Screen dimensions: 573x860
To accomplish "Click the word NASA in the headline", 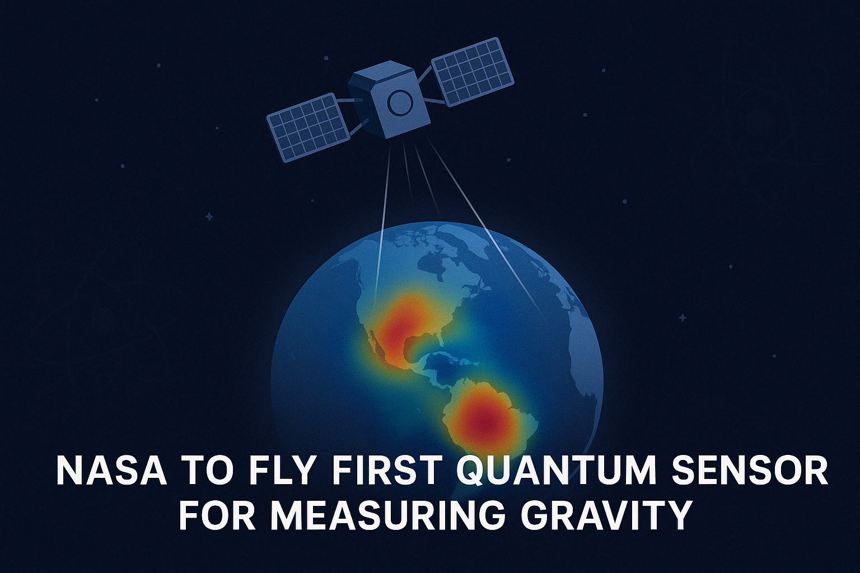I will click(x=111, y=471).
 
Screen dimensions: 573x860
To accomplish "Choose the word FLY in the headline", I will click(x=281, y=471).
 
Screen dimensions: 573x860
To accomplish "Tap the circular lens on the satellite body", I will click(x=400, y=102).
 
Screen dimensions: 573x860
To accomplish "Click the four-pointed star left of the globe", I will click(x=209, y=216).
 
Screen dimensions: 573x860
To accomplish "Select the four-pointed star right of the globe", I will click(x=683, y=318).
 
